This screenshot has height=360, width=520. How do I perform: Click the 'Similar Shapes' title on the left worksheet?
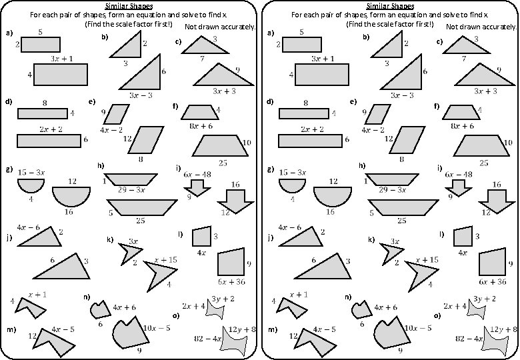(129, 6)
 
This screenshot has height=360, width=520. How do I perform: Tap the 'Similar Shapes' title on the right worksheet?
(390, 6)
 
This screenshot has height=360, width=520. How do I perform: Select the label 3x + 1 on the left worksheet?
(62, 59)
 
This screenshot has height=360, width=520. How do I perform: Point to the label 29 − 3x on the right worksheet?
(393, 190)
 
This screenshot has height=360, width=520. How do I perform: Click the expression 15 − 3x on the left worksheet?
(31, 172)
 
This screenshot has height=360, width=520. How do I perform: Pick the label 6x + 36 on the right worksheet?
(493, 281)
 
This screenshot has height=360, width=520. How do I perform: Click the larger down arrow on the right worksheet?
(496, 200)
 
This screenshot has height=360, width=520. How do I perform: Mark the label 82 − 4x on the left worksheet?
(207, 339)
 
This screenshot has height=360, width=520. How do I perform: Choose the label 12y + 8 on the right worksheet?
(503, 329)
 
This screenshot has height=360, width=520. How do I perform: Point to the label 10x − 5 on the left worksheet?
(157, 328)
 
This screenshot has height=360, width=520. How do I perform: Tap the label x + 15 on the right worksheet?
(427, 259)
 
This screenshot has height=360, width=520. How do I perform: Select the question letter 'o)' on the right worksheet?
(437, 315)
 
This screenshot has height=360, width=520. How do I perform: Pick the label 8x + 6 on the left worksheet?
(201, 125)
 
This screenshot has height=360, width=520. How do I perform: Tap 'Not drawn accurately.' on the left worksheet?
(220, 27)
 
